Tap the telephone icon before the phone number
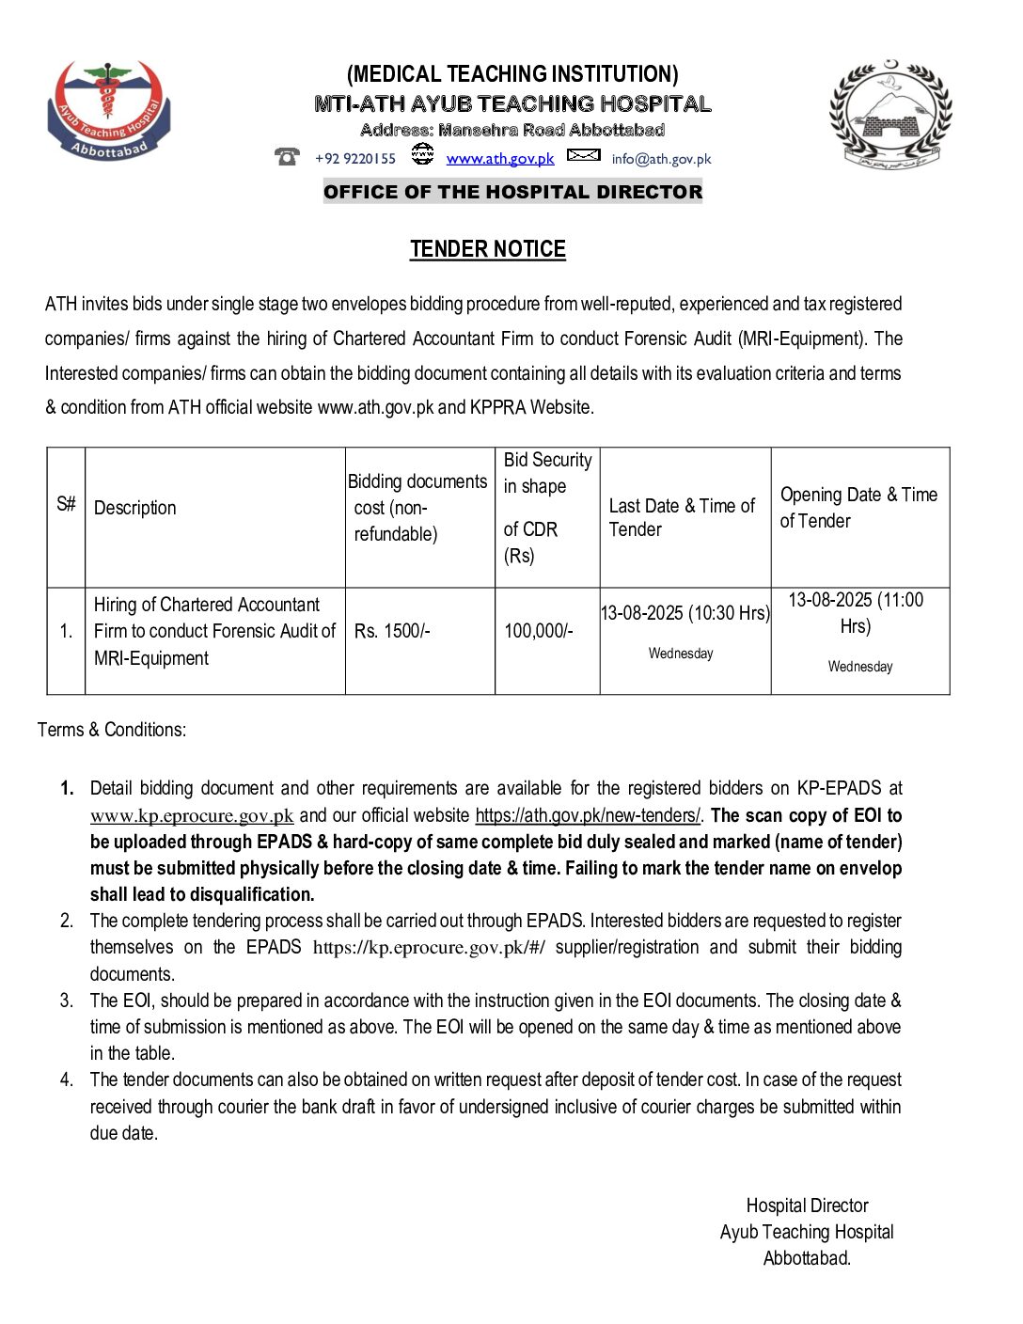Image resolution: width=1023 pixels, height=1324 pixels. pos(287,156)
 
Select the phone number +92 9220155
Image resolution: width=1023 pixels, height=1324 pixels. pos(355,159)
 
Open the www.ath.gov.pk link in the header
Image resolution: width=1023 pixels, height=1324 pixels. pos(500,159)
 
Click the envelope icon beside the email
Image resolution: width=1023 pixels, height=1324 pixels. pos(583,155)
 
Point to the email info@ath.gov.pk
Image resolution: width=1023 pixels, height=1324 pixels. pos(661,159)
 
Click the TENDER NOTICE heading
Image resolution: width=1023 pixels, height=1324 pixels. pos(488,249)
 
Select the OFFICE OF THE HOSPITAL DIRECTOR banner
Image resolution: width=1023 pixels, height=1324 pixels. pos(512,192)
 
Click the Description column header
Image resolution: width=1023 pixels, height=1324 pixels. pos(135,508)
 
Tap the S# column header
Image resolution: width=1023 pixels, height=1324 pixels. pos(66,504)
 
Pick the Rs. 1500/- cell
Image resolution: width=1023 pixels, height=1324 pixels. pos(392,631)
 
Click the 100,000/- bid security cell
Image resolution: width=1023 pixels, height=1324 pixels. pos(538,631)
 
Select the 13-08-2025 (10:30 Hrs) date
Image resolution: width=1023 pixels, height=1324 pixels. pos(685,613)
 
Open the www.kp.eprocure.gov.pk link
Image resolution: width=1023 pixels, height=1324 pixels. pos(192,816)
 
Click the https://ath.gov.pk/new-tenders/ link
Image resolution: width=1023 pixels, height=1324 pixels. pos(588,815)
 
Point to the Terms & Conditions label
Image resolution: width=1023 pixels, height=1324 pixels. pos(112,730)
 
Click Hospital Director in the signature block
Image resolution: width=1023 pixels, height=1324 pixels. pos(807,1206)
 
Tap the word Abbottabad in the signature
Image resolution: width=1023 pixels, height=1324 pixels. pos(807,1258)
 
